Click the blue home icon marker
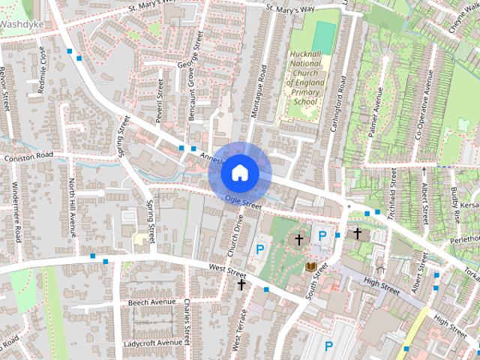coord(240,173)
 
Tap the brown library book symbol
coord(310,266)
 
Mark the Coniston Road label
coord(29,155)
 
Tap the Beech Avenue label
coord(151,301)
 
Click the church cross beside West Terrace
coord(241,284)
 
